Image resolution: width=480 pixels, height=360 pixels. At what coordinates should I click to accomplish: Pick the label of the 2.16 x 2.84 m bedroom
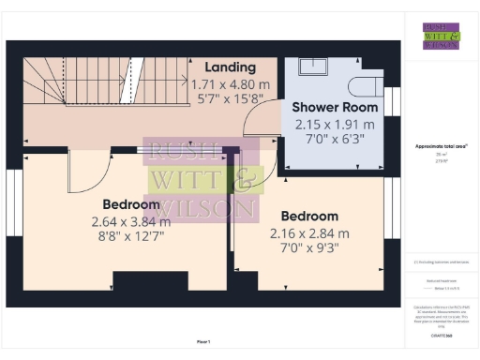point(308,216)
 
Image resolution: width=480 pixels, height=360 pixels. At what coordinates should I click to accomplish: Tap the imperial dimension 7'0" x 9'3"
point(308,249)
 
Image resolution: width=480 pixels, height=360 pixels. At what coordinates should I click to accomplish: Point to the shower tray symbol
point(313,66)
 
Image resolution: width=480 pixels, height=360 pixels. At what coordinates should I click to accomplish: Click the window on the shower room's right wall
point(394,101)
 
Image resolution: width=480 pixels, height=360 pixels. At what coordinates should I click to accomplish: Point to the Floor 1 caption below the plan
point(203,342)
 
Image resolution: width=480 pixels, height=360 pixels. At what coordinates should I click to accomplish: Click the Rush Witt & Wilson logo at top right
point(441,36)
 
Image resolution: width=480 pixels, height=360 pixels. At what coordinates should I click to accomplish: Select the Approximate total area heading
point(441,146)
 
